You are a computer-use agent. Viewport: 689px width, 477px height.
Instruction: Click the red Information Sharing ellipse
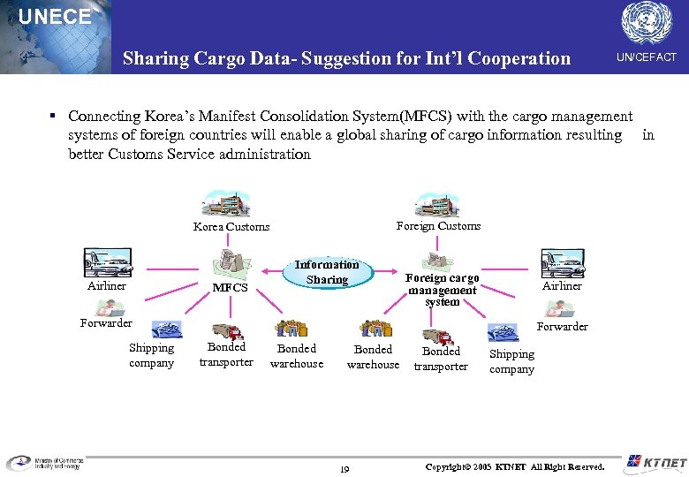pyautogui.click(x=327, y=272)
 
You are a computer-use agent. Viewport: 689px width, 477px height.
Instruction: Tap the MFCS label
pyautogui.click(x=230, y=288)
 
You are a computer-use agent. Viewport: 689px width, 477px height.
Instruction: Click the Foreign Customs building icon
pyautogui.click(x=437, y=203)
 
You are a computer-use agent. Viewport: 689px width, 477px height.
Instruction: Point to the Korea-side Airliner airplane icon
pyautogui.click(x=107, y=263)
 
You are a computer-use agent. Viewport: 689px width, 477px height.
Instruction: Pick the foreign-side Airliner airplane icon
pyautogui.click(x=562, y=263)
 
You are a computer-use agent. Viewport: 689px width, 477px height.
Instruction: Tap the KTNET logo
pyautogui.click(x=655, y=462)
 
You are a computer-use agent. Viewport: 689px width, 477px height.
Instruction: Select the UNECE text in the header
pyautogui.click(x=55, y=17)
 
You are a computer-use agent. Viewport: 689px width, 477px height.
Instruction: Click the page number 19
pyautogui.click(x=344, y=469)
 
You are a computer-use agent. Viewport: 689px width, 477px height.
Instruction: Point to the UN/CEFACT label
pyautogui.click(x=647, y=57)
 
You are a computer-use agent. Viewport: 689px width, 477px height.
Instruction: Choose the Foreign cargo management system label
pyautogui.click(x=442, y=290)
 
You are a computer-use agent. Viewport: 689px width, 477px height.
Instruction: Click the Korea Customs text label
pyautogui.click(x=231, y=227)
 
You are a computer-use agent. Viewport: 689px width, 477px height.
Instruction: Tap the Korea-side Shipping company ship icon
pyautogui.click(x=166, y=330)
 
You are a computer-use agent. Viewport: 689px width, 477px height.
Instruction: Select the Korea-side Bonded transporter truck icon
pyautogui.click(x=228, y=331)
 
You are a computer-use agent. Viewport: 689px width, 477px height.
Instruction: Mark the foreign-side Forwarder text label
pyautogui.click(x=563, y=327)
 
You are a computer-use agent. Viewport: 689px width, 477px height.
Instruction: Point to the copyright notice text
pyautogui.click(x=515, y=466)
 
